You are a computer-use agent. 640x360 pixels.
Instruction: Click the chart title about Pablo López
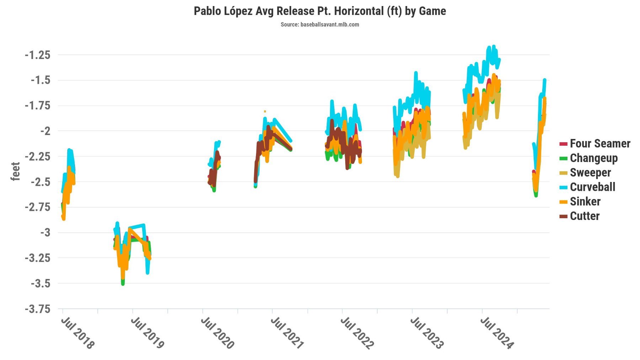tap(320, 11)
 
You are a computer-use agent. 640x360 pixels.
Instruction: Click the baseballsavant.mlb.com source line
tap(320, 25)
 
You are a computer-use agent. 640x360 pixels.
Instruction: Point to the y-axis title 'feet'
tap(15, 171)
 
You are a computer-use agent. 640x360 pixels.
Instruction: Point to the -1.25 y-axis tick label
tap(37, 55)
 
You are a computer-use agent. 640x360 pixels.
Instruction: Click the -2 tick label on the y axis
tap(45, 131)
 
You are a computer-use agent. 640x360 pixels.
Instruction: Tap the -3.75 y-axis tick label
tap(37, 309)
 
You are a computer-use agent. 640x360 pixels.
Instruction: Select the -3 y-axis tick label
tap(45, 233)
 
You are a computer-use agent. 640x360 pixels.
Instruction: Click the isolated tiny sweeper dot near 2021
tap(265, 111)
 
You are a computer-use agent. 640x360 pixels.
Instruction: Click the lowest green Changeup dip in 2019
tap(123, 284)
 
